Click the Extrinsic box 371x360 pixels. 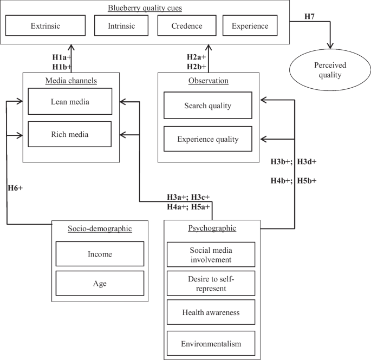click(x=45, y=25)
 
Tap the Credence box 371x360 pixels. click(x=187, y=25)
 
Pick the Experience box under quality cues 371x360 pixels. click(x=249, y=25)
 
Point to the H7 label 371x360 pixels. click(x=310, y=17)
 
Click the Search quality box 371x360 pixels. click(x=208, y=106)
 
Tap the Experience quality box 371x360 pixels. click(x=208, y=139)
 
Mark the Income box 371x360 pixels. click(x=100, y=254)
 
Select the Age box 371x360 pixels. click(x=100, y=283)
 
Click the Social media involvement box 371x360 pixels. click(x=210, y=254)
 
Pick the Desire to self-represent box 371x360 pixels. click(x=210, y=283)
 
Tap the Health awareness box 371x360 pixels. click(x=210, y=312)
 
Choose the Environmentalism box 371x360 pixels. click(x=210, y=343)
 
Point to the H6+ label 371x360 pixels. click(x=15, y=188)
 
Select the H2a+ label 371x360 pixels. click(x=196, y=56)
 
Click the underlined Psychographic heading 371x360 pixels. click(x=212, y=228)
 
